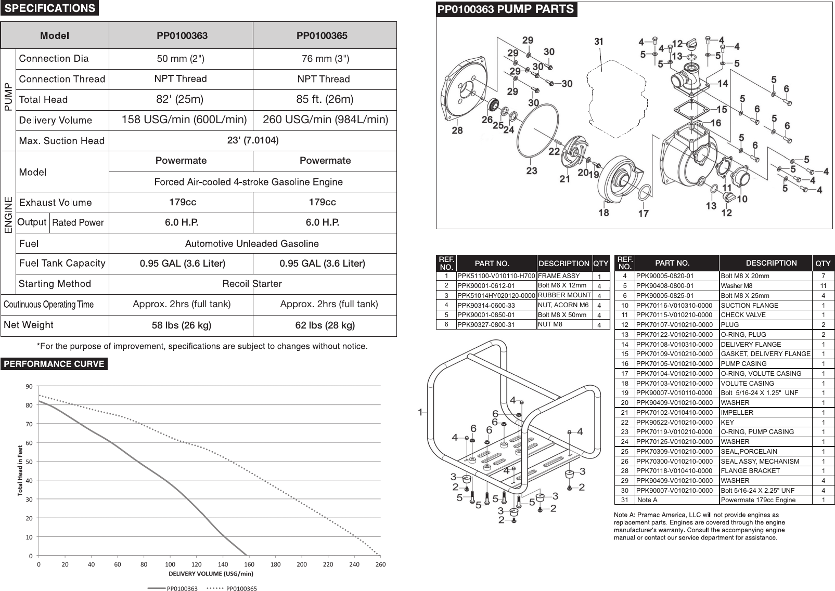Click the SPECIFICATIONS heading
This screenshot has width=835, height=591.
(50, 8)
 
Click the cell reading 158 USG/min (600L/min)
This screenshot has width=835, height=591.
(184, 120)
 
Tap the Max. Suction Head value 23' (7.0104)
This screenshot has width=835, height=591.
(253, 141)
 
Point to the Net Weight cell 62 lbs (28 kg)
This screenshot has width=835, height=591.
(325, 325)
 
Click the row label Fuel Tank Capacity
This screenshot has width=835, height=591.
(62, 264)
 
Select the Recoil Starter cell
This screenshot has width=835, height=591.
(252, 284)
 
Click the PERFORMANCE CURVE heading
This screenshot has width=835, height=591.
(54, 364)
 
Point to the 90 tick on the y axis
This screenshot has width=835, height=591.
(29, 386)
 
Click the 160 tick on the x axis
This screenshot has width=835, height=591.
(249, 564)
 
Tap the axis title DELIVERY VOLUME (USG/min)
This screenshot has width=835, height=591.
(211, 574)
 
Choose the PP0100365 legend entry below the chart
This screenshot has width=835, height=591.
(241, 588)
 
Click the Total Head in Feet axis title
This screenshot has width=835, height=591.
(20, 470)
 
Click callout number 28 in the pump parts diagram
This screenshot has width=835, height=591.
(457, 130)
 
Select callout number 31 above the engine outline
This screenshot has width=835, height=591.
(599, 41)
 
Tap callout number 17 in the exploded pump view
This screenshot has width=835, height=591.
(643, 213)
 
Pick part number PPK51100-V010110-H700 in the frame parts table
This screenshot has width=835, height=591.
(496, 276)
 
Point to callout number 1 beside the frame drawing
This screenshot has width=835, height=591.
(420, 412)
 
